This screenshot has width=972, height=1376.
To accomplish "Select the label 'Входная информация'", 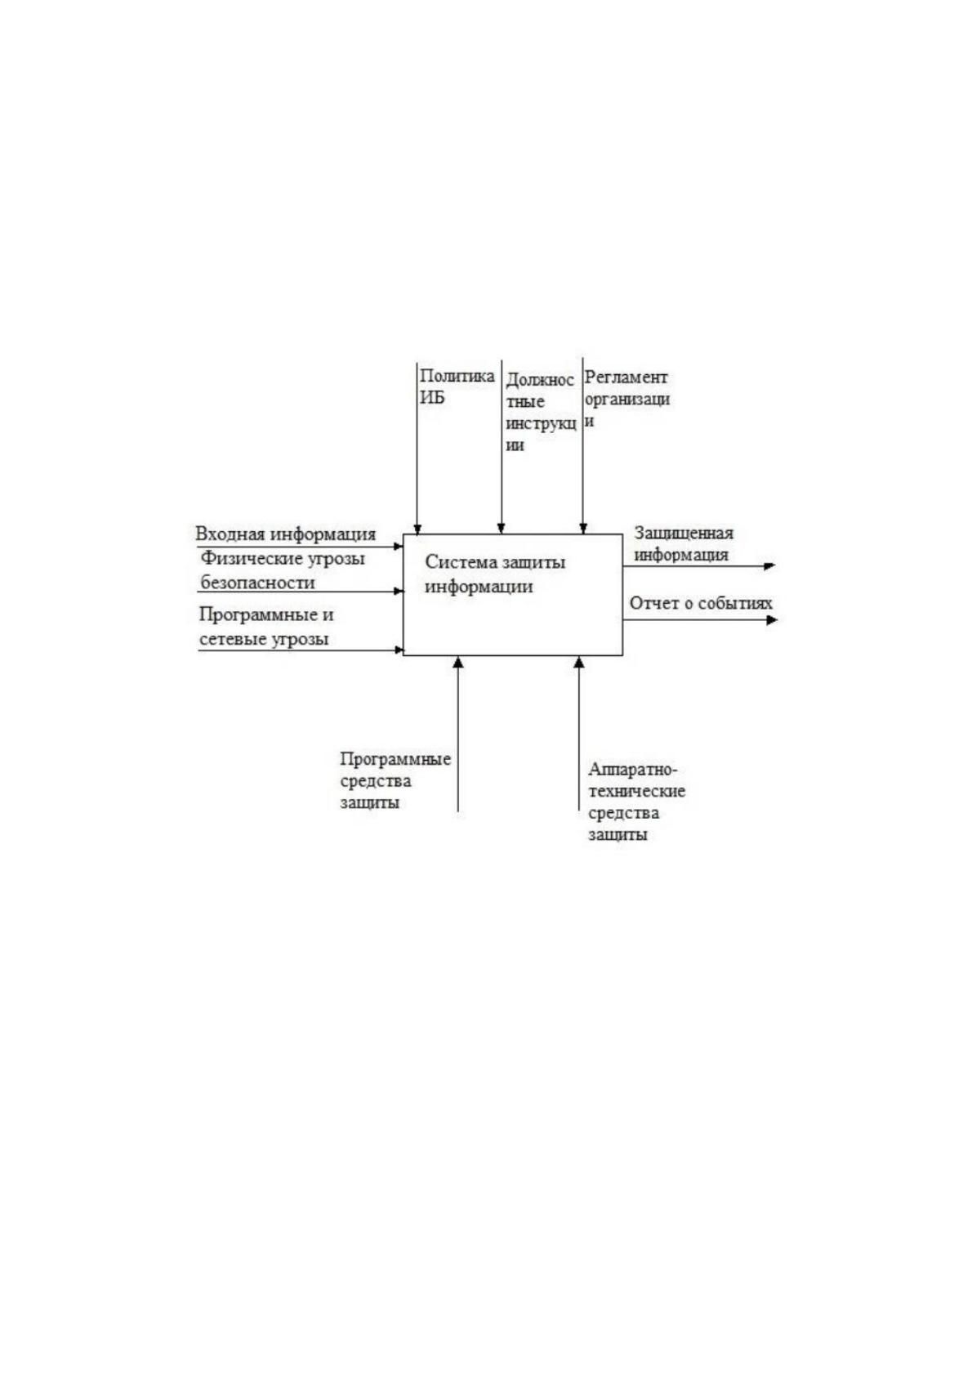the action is click(x=286, y=534).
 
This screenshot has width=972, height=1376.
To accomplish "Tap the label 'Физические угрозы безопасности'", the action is click(x=283, y=570).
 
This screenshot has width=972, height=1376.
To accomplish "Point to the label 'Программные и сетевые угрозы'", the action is click(x=266, y=627).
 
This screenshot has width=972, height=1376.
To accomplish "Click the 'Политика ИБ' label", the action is click(x=457, y=386).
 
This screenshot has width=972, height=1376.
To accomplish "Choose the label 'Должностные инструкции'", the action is click(x=541, y=412).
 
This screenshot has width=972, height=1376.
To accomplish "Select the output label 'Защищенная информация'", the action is click(x=684, y=543).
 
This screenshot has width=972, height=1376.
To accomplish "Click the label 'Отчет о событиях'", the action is click(x=701, y=603).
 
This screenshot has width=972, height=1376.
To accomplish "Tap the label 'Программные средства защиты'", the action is click(x=395, y=781).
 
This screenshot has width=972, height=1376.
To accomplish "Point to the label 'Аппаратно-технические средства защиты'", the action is click(x=637, y=802).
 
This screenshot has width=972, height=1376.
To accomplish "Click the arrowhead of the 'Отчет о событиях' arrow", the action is click(x=772, y=620).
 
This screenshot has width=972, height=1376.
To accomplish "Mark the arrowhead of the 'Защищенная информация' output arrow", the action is click(x=769, y=565).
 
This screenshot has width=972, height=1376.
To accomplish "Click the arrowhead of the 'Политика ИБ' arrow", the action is click(x=417, y=529).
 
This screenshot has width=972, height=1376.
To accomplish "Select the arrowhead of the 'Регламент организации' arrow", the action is click(x=583, y=529).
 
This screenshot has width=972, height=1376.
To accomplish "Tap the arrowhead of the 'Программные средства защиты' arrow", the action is click(x=458, y=662).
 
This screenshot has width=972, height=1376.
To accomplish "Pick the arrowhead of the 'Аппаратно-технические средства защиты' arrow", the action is click(x=578, y=662).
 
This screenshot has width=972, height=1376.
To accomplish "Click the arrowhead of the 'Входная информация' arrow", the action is click(x=398, y=546).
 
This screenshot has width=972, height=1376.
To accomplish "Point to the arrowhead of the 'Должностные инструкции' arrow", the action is click(x=501, y=529).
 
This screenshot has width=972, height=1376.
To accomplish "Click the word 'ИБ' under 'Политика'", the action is click(x=432, y=397).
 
